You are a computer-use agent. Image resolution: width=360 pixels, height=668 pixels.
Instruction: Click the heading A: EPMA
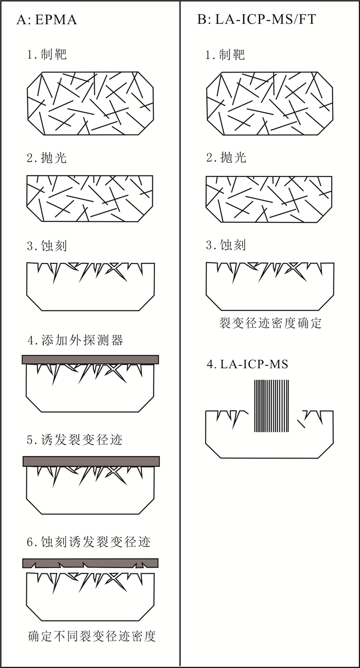point(47,20)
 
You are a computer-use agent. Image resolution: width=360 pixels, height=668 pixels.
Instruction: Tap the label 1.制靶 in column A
point(47,55)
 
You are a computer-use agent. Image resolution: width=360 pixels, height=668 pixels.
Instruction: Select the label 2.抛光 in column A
point(47,157)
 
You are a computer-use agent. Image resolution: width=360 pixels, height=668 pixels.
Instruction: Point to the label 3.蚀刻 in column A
point(47,245)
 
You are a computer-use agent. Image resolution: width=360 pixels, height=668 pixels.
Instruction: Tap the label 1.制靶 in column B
point(225,55)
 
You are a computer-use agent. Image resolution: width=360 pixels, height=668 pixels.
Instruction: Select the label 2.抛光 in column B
point(225,157)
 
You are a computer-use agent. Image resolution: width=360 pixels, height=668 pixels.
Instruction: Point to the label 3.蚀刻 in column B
point(225,245)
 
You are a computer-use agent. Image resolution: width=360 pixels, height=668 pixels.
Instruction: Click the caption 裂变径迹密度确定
point(270,323)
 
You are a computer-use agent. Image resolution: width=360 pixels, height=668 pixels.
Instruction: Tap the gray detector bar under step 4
point(91,360)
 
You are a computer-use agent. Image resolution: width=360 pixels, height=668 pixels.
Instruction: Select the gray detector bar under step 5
point(91,461)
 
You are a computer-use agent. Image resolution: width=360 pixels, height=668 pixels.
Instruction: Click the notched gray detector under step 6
point(91,562)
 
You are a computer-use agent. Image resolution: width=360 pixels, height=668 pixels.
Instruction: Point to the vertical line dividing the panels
point(180,334)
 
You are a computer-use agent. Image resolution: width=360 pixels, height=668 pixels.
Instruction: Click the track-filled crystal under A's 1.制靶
point(91,103)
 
